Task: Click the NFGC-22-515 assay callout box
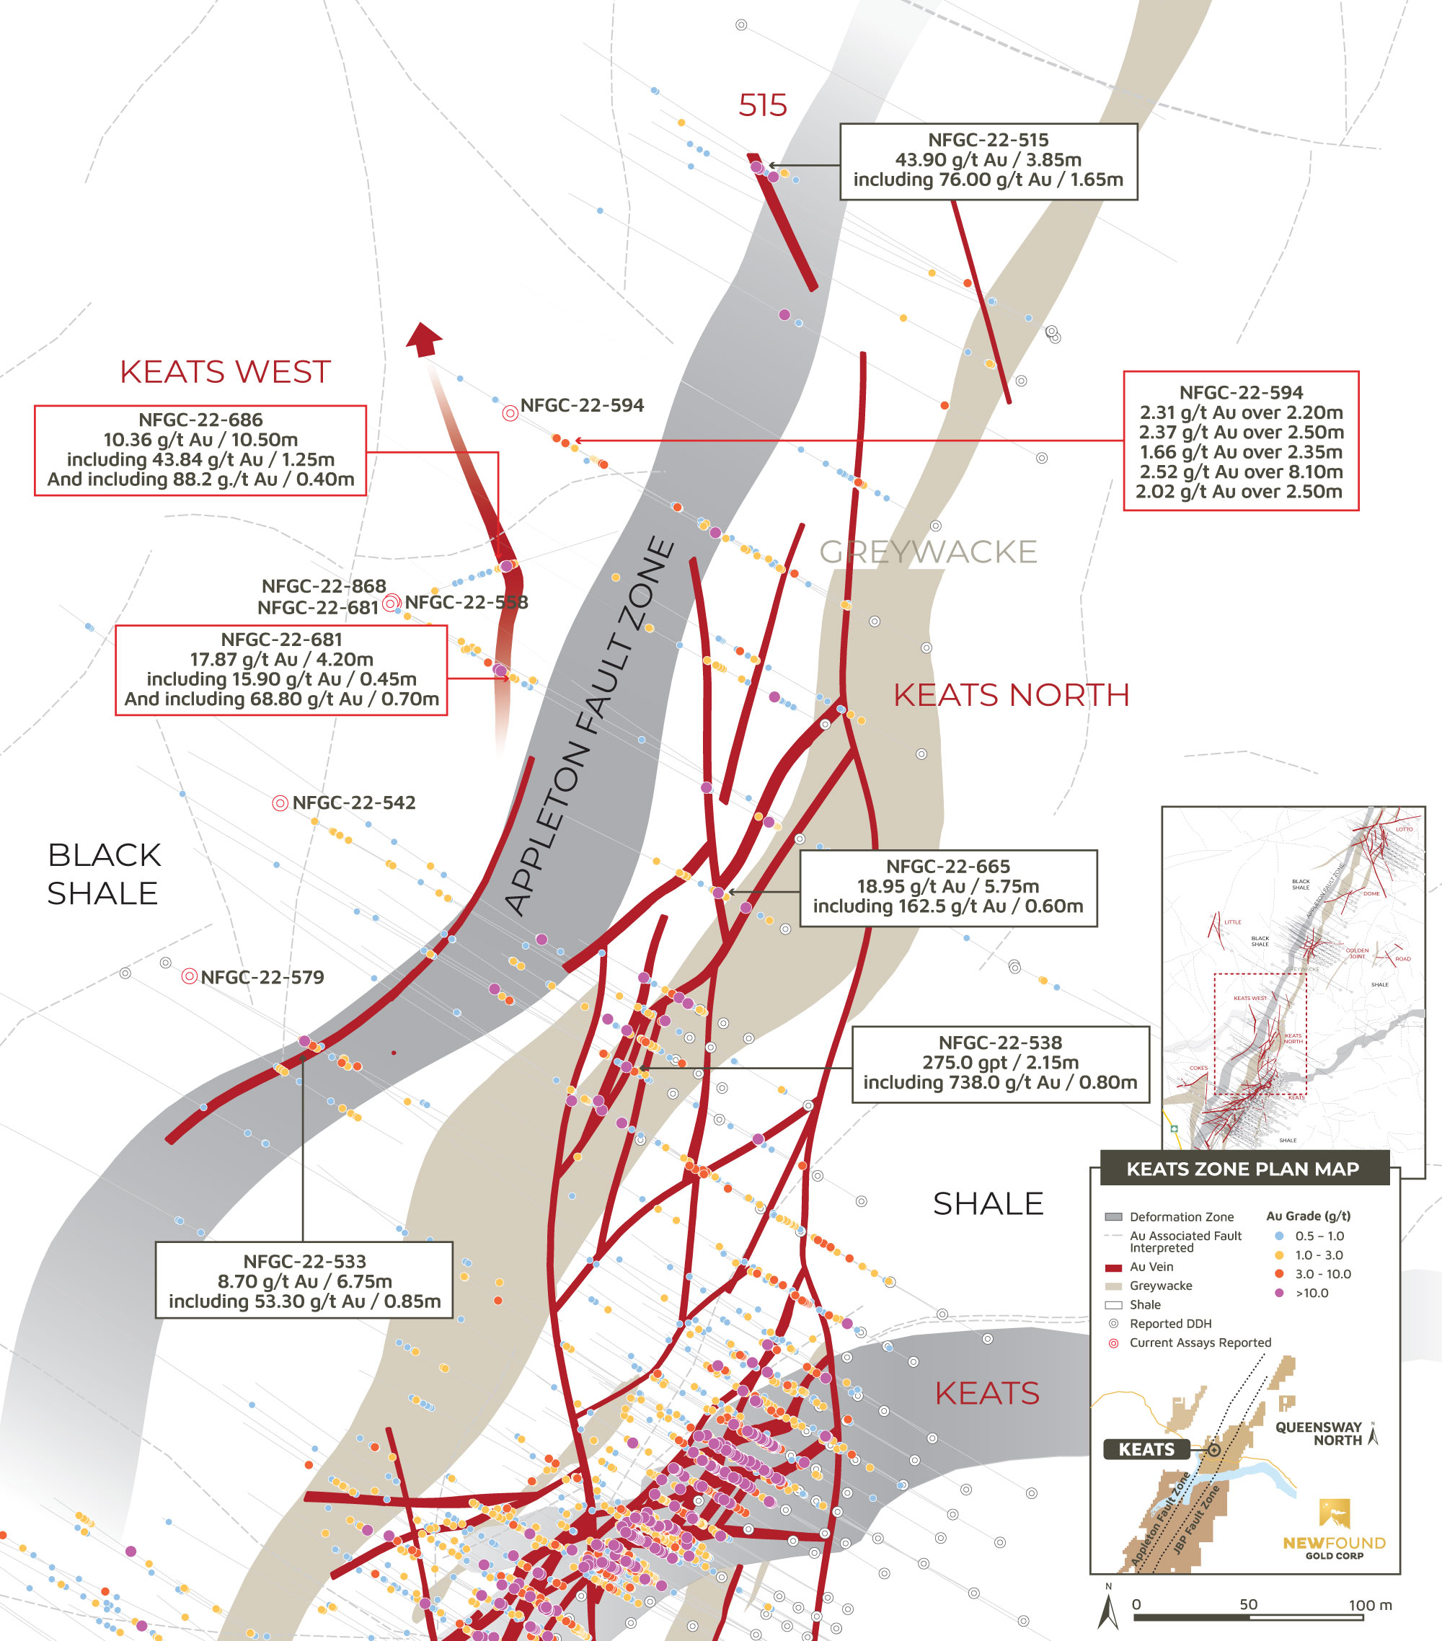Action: click(988, 161)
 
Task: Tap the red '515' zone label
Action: click(762, 106)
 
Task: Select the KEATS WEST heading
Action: click(225, 372)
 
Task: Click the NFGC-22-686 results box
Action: click(200, 450)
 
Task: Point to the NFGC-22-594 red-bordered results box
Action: click(1240, 441)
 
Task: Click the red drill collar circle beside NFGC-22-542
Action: click(280, 803)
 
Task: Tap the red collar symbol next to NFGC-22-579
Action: click(189, 976)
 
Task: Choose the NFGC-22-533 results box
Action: click(304, 1280)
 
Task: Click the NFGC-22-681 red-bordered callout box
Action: click(281, 670)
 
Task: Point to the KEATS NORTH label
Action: click(1011, 695)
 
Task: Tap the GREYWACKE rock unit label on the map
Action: click(927, 552)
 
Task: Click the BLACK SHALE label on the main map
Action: click(104, 875)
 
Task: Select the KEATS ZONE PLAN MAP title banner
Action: click(1243, 1168)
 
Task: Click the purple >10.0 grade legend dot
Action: click(1279, 1293)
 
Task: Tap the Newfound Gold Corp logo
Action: click(1334, 1530)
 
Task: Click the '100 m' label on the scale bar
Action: click(1370, 1605)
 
